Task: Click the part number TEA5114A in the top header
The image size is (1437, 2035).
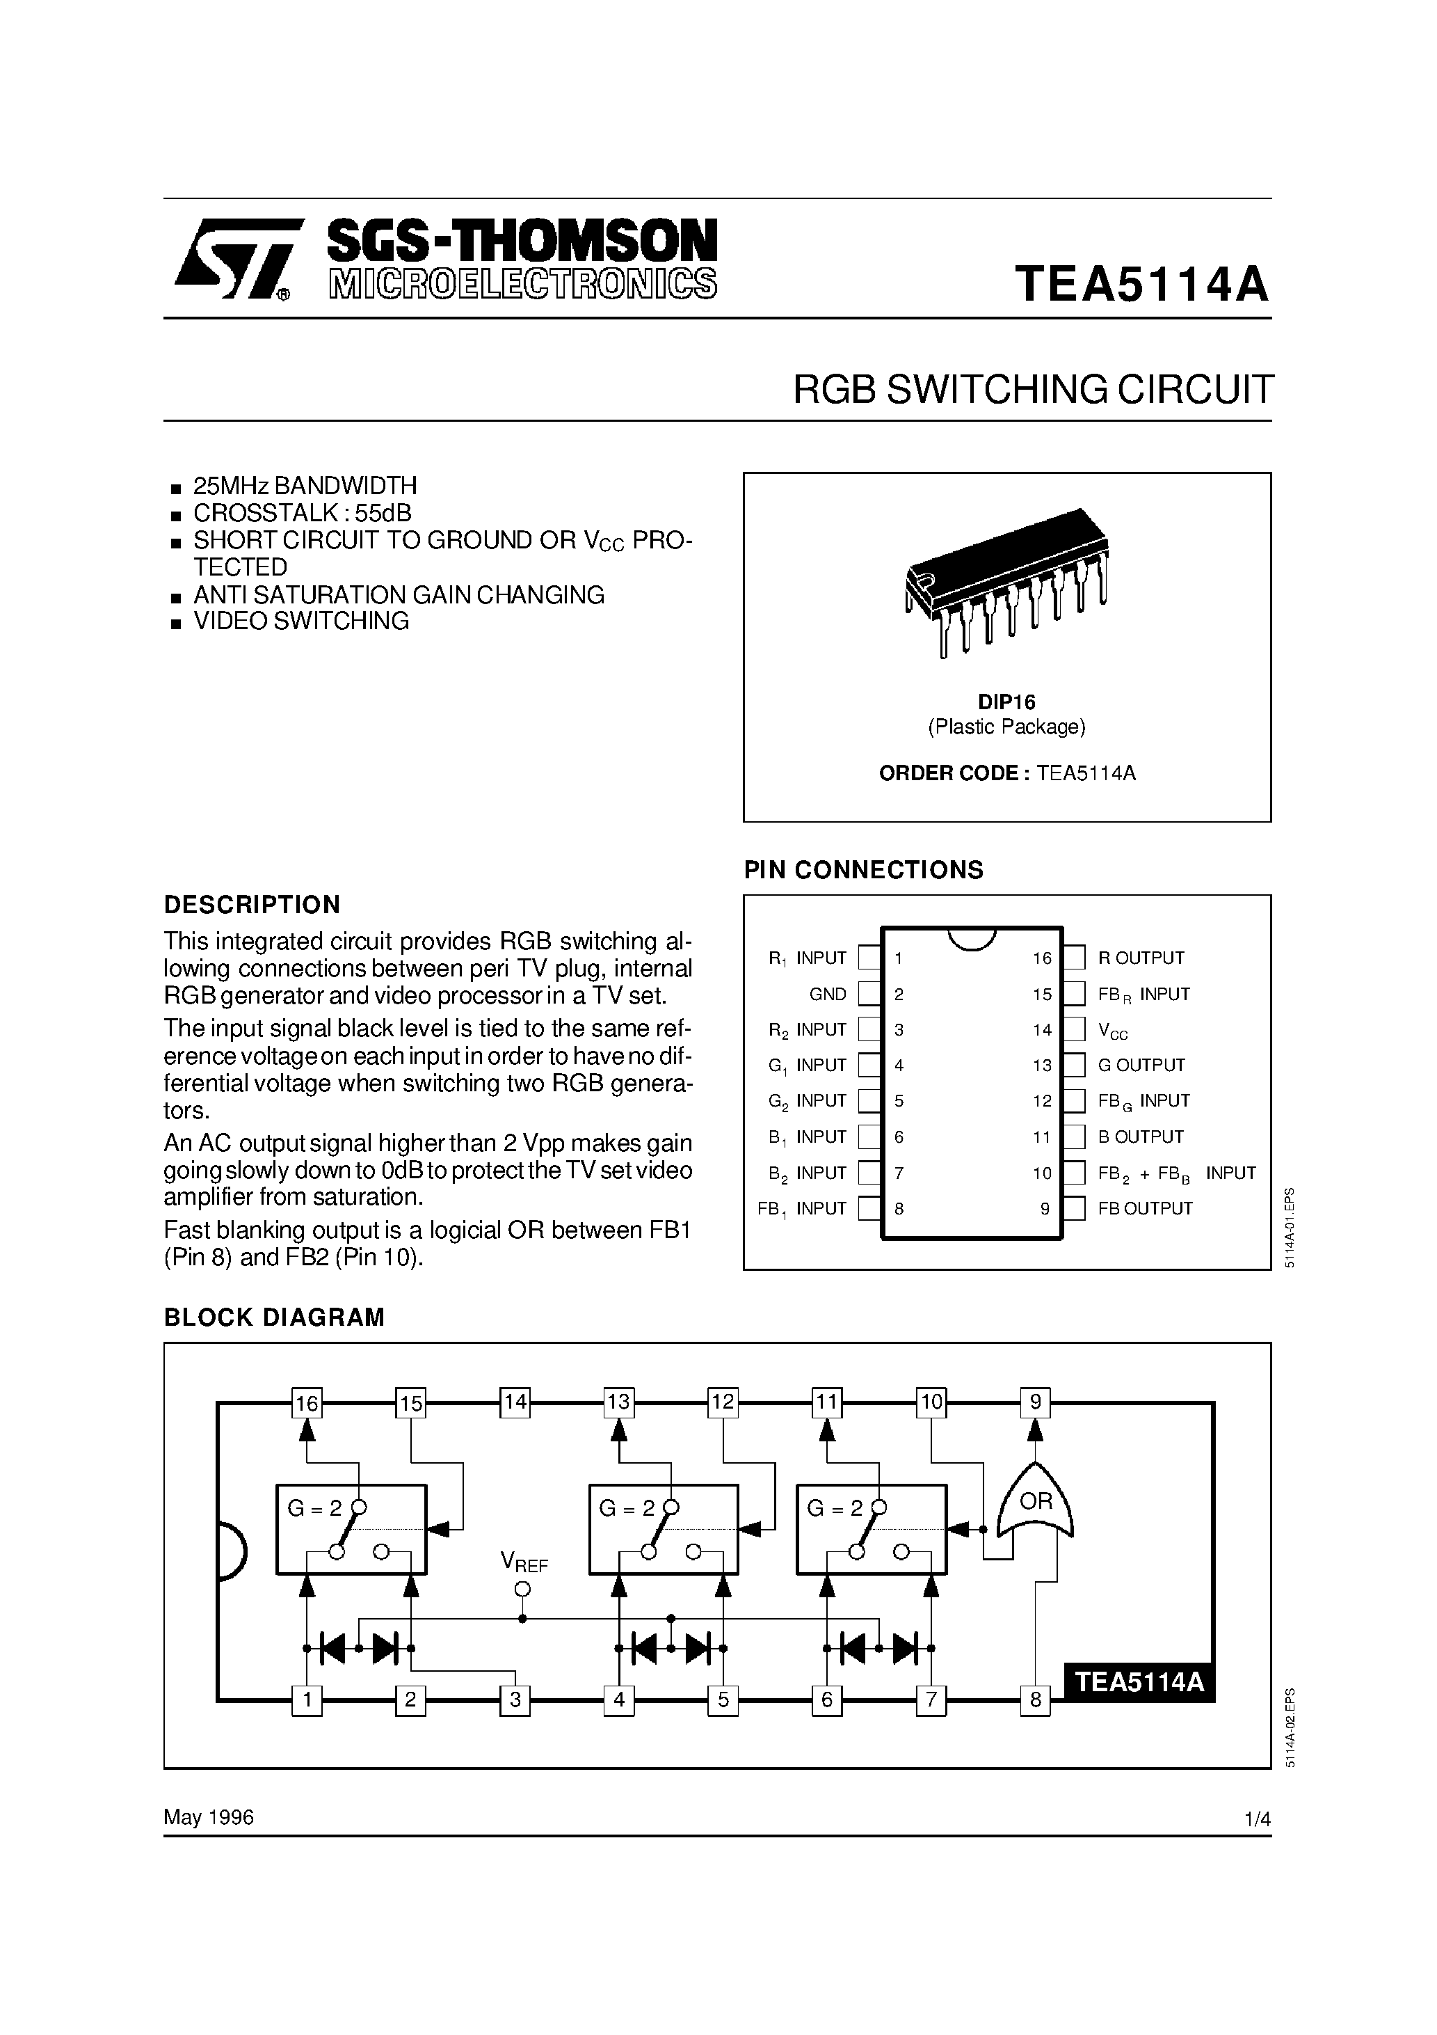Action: pyautogui.click(x=1142, y=285)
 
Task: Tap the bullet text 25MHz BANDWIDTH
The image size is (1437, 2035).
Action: pyautogui.click(x=305, y=486)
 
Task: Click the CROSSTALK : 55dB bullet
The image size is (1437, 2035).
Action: pyautogui.click(x=302, y=513)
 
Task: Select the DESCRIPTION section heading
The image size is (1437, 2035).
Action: pyautogui.click(x=252, y=904)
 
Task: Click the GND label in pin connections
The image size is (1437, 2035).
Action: pyautogui.click(x=828, y=995)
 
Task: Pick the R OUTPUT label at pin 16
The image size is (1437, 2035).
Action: pyautogui.click(x=1141, y=958)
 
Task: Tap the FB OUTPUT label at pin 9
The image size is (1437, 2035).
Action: pyautogui.click(x=1145, y=1208)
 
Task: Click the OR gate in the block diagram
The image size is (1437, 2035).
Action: pyautogui.click(x=1035, y=1501)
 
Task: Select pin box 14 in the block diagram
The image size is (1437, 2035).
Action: pyautogui.click(x=515, y=1402)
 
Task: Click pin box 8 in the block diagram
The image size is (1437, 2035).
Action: pyautogui.click(x=1035, y=1700)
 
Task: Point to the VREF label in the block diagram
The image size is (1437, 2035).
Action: pyautogui.click(x=524, y=1562)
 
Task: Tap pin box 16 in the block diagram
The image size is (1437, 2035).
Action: pyautogui.click(x=307, y=1403)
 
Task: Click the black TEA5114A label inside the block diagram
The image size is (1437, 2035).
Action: pyautogui.click(x=1139, y=1681)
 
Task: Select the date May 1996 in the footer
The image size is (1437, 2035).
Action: pyautogui.click(x=209, y=1817)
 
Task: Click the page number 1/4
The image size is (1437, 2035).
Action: pyautogui.click(x=1257, y=1819)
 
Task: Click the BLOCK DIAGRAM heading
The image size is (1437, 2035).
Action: pyautogui.click(x=275, y=1317)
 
